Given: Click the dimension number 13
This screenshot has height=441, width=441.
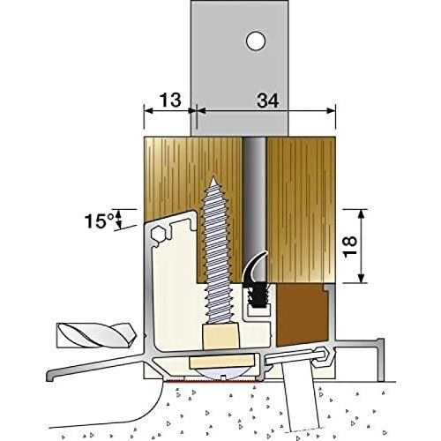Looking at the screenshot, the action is pos(170,101).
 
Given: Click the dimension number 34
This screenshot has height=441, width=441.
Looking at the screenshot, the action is pos(267,101).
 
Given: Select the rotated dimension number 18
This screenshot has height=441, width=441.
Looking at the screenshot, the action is pos(350,246).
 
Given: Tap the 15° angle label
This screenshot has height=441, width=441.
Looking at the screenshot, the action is pos(99,221).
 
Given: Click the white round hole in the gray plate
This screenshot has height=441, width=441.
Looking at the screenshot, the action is pos(256,41).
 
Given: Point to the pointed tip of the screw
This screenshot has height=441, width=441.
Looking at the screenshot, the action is pos(214,178).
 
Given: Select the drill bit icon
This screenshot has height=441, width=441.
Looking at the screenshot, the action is pos(96,335).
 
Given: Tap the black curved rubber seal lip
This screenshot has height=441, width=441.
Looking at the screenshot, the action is pos(253,267).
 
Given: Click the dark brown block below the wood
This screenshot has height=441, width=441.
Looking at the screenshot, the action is pos(301,314).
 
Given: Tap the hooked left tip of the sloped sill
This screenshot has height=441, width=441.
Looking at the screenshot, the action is pos(50,377).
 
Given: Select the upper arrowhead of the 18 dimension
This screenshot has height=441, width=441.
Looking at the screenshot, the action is pos(362,213).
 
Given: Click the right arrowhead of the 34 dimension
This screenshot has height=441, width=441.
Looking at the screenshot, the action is pos(331,111).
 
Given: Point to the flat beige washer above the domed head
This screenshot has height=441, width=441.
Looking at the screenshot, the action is pos(222,361).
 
